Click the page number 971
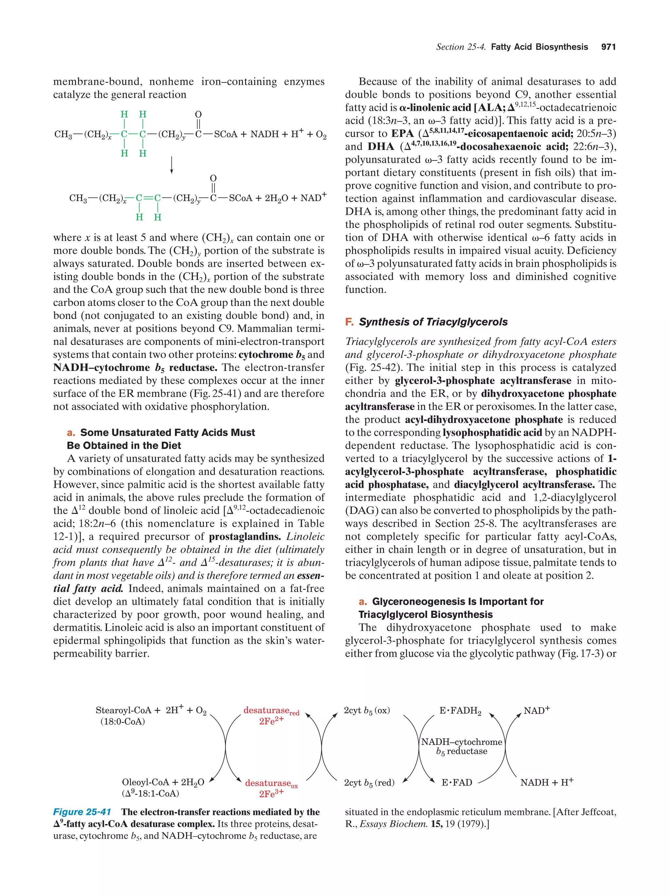608,47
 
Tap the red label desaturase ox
271,784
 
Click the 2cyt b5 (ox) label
366,710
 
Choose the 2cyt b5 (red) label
369,783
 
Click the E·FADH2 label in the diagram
460,711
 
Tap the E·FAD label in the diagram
456,783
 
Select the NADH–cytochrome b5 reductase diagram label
461,746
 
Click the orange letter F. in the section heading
349,322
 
